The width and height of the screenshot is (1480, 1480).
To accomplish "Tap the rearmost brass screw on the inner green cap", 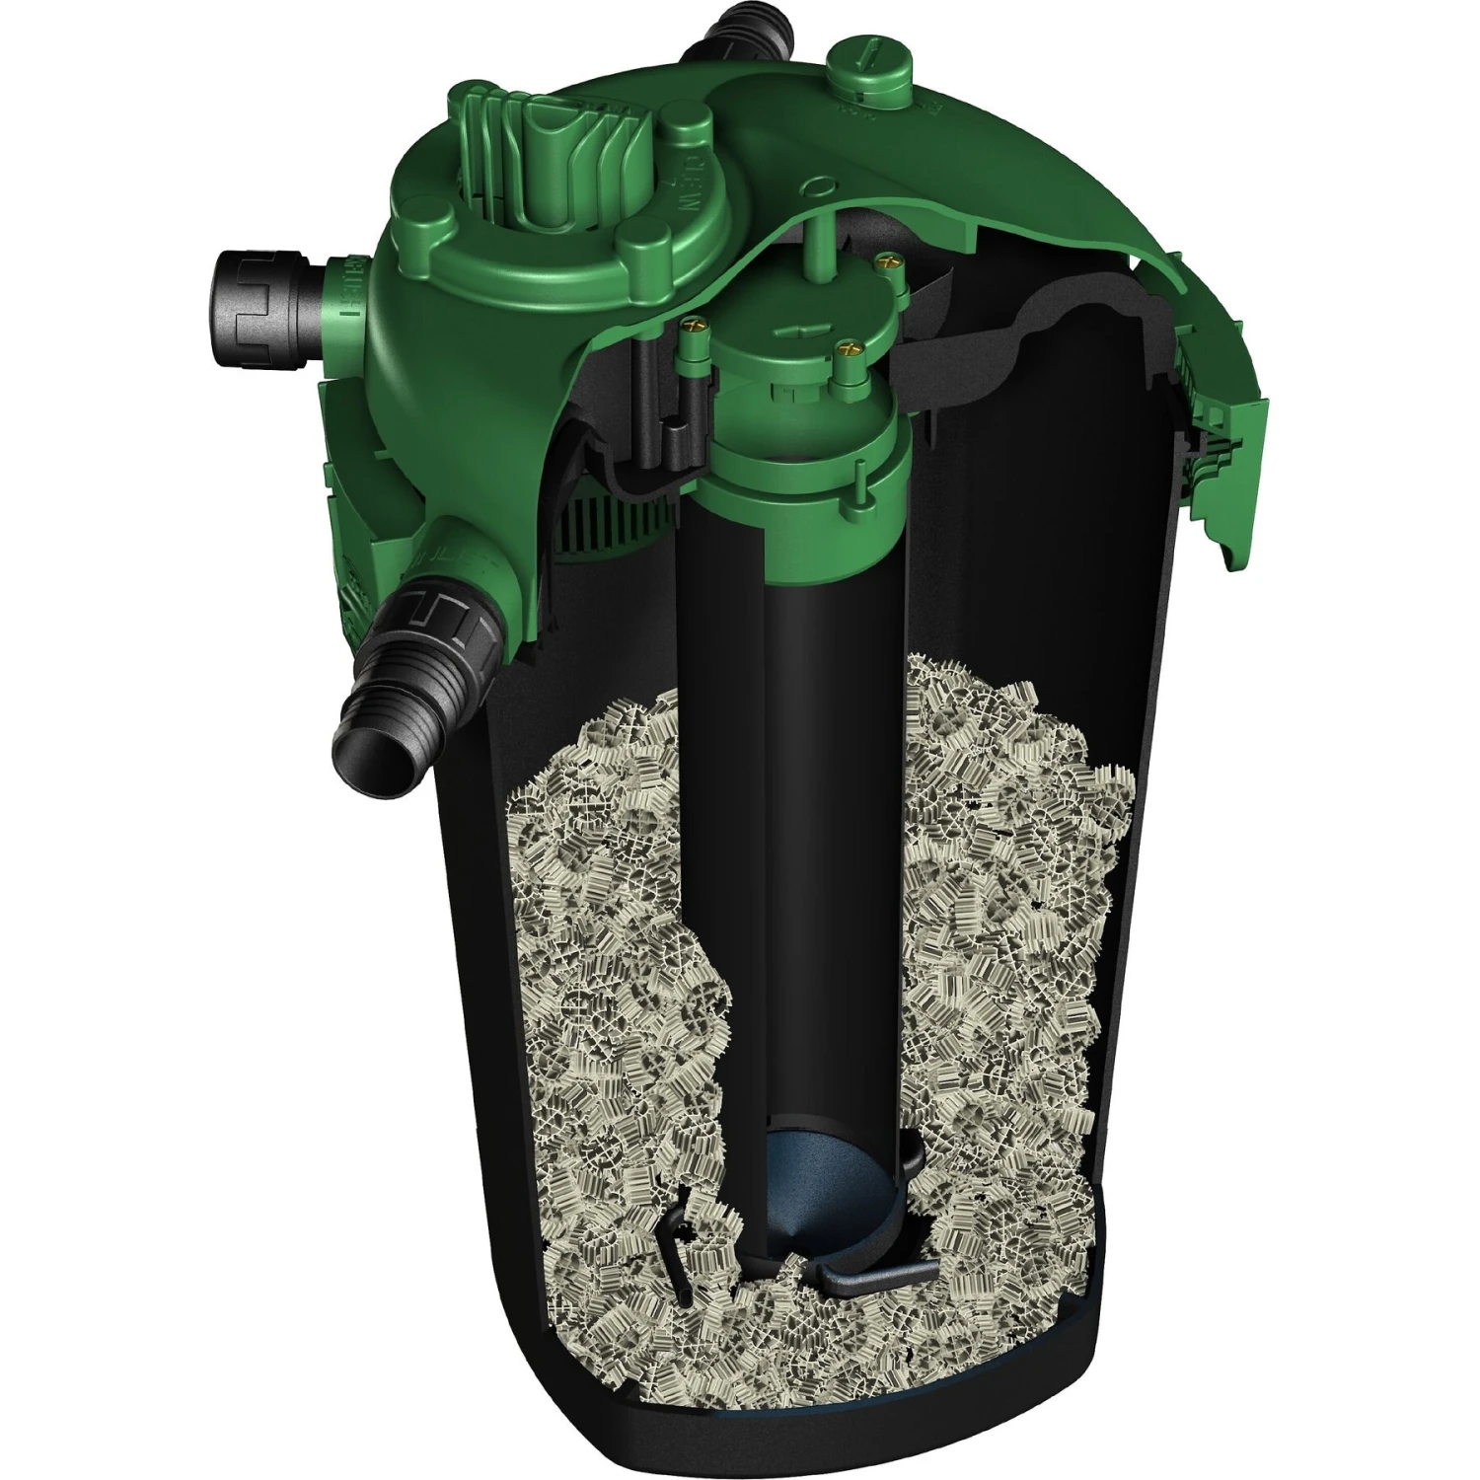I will coord(884,259).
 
